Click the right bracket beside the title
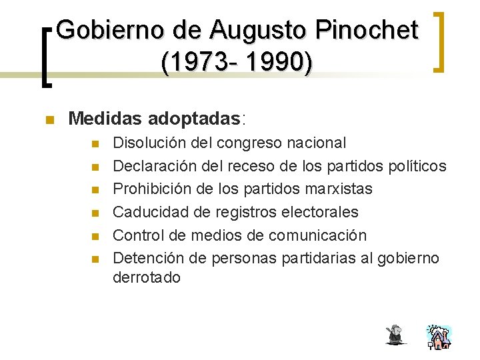(439, 41)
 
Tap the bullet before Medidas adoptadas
(47, 120)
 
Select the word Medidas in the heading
(102, 119)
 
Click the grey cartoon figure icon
(395, 334)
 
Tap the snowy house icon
(439, 337)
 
